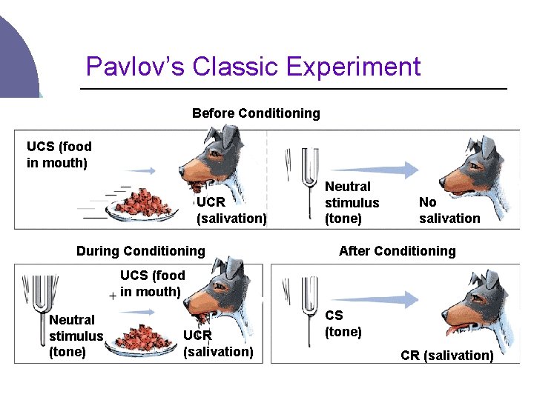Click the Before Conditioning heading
point(256,113)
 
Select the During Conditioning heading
point(140,251)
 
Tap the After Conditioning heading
point(397,251)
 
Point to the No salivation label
point(449,210)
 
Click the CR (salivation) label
point(446,356)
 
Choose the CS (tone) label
point(343,324)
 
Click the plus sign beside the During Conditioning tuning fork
point(113,296)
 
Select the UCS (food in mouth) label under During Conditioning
point(152,284)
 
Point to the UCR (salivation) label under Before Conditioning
point(231,210)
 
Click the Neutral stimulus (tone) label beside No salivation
point(352,202)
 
